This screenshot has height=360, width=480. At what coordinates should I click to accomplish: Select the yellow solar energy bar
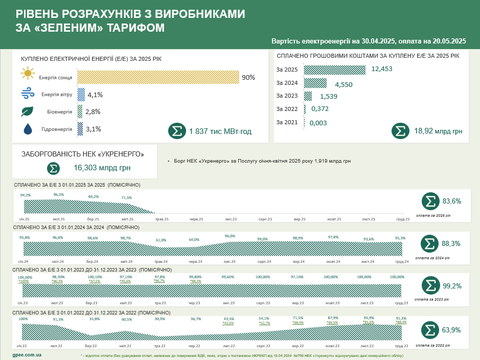[158, 77]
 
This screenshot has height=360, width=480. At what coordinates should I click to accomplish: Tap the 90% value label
[248, 77]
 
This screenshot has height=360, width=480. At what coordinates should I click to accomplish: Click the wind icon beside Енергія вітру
[28, 94]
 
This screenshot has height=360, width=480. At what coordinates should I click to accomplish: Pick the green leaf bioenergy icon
[28, 111]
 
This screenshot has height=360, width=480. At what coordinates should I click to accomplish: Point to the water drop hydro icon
[28, 129]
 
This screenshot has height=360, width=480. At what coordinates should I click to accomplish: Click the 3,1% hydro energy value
[94, 129]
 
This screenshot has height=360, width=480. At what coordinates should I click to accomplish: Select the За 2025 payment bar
[335, 70]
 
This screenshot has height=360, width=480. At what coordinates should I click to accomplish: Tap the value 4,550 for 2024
[344, 84]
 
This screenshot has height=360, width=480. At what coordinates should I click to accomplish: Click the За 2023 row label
[287, 96]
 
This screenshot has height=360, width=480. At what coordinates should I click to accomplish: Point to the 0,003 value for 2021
[317, 123]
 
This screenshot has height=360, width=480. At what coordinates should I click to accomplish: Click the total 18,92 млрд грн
[438, 131]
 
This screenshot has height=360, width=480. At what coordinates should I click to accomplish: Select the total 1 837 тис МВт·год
[220, 131]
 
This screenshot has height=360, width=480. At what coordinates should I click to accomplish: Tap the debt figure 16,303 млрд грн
[102, 167]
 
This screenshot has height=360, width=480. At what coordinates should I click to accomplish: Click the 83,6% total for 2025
[451, 201]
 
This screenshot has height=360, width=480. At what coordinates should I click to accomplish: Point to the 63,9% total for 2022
[451, 329]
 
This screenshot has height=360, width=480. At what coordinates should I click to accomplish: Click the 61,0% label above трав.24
[161, 240]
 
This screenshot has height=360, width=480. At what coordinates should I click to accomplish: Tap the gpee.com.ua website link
[27, 354]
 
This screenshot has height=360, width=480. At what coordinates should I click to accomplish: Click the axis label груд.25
[403, 219]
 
